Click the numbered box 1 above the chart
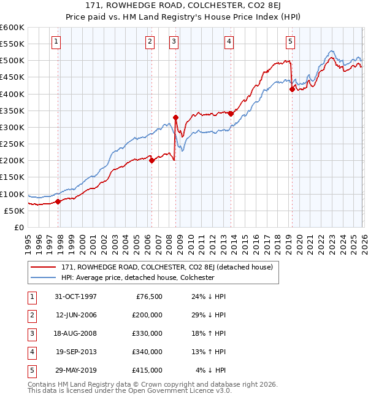56,42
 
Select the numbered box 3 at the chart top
174,42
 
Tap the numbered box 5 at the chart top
289,42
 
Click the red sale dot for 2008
175,117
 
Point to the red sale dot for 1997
58,201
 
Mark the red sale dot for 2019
292,89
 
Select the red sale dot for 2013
231,114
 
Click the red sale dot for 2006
151,161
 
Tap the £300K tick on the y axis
12,128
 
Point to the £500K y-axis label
12,61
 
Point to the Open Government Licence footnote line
120,391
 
